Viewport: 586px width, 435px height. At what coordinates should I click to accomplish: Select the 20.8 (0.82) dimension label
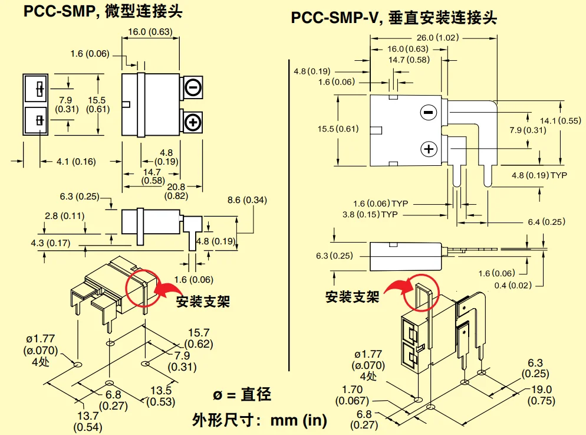click(x=176, y=191)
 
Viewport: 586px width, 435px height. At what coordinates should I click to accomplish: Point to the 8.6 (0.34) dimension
click(x=247, y=200)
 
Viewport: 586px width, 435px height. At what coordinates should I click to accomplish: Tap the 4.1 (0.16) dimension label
click(x=76, y=161)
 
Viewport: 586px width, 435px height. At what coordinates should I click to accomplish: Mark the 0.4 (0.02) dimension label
click(x=515, y=285)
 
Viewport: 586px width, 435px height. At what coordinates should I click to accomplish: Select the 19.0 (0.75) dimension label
click(x=541, y=394)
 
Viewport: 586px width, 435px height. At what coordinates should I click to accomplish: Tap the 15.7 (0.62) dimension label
click(x=199, y=338)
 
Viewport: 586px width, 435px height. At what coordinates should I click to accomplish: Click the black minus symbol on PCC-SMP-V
click(x=429, y=112)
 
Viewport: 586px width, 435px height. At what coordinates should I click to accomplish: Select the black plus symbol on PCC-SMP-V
click(x=429, y=148)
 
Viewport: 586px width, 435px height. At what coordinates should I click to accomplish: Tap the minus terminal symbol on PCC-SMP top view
click(x=193, y=87)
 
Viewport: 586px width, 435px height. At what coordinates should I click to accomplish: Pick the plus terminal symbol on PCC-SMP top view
click(x=193, y=122)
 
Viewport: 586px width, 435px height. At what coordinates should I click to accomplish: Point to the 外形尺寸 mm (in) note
click(x=259, y=420)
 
